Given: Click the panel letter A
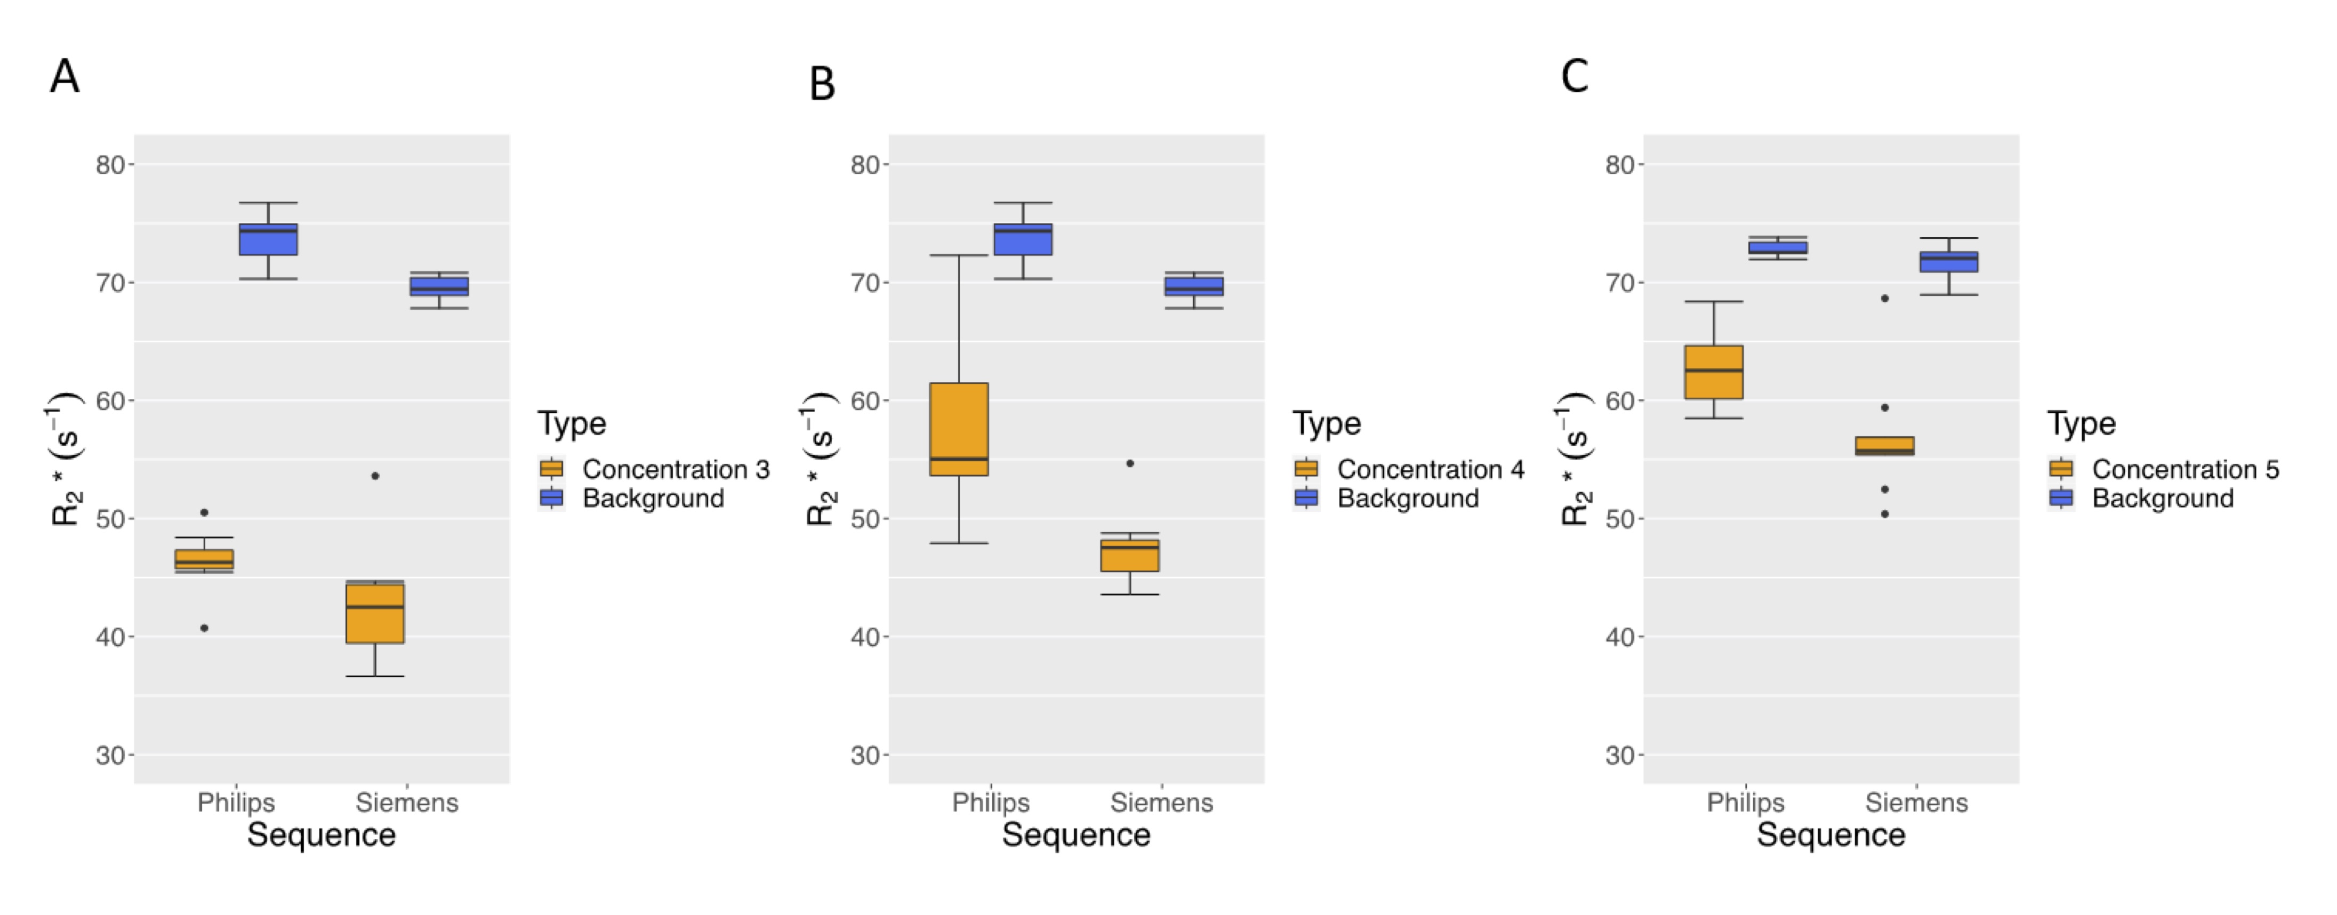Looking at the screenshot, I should (x=65, y=76).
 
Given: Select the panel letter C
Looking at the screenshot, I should (x=1574, y=76).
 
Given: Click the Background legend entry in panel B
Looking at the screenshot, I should (x=1407, y=498).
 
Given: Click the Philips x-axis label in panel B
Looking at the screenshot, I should (x=991, y=802).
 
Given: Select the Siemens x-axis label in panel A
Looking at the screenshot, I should (x=406, y=802).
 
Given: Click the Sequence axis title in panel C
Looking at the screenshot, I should (x=1831, y=835).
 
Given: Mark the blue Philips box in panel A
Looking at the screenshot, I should (x=269, y=239).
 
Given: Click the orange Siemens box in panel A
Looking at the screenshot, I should (x=375, y=613).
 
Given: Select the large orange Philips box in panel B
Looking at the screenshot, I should (x=959, y=429).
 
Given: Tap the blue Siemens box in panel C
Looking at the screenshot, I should (x=1949, y=261).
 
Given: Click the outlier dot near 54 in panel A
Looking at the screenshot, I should (x=375, y=476).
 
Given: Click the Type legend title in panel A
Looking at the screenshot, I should (x=572, y=423).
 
